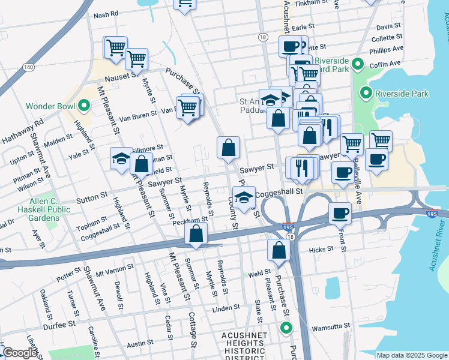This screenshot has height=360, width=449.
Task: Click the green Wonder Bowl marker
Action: coord(83,107)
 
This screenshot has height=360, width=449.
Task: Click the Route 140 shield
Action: coord(28,67)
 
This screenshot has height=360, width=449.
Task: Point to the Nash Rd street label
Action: coord(106,14)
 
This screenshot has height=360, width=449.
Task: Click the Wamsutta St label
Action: coord(333,326)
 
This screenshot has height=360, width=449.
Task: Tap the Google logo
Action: coord(20,353)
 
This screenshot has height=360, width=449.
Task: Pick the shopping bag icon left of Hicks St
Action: coord(279,250)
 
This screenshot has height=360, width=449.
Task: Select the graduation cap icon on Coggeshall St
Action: coord(244,198)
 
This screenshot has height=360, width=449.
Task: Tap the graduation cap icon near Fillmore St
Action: coord(121,158)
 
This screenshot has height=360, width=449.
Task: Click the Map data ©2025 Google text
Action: coord(411,355)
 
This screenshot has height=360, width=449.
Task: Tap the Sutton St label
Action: coord(91,196)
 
